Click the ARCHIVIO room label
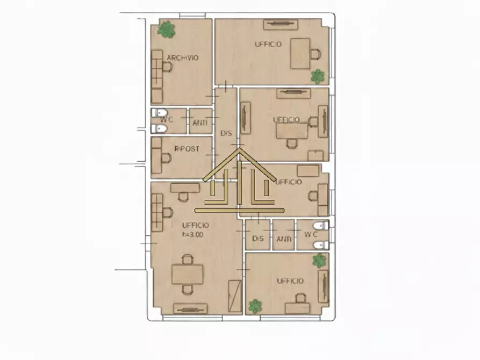[x=183, y=58]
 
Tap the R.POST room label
[x=187, y=149]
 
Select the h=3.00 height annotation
[x=193, y=235]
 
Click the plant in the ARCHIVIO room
[x=166, y=30]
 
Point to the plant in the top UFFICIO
[x=318, y=76]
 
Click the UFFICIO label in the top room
[x=268, y=45]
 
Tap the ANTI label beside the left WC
[x=200, y=123]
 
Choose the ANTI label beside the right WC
[x=284, y=239]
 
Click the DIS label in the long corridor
[x=226, y=133]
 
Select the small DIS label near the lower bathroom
[x=258, y=239]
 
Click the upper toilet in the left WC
[x=160, y=113]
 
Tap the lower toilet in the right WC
[x=321, y=245]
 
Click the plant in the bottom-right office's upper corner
[x=319, y=261]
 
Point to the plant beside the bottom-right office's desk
[x=255, y=306]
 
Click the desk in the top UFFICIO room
[x=300, y=54]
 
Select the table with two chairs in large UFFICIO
[x=188, y=274]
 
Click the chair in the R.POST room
[x=166, y=158]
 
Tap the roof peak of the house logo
[x=240, y=149]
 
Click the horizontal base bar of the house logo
[x=240, y=210]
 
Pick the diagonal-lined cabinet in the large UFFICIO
[x=235, y=296]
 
